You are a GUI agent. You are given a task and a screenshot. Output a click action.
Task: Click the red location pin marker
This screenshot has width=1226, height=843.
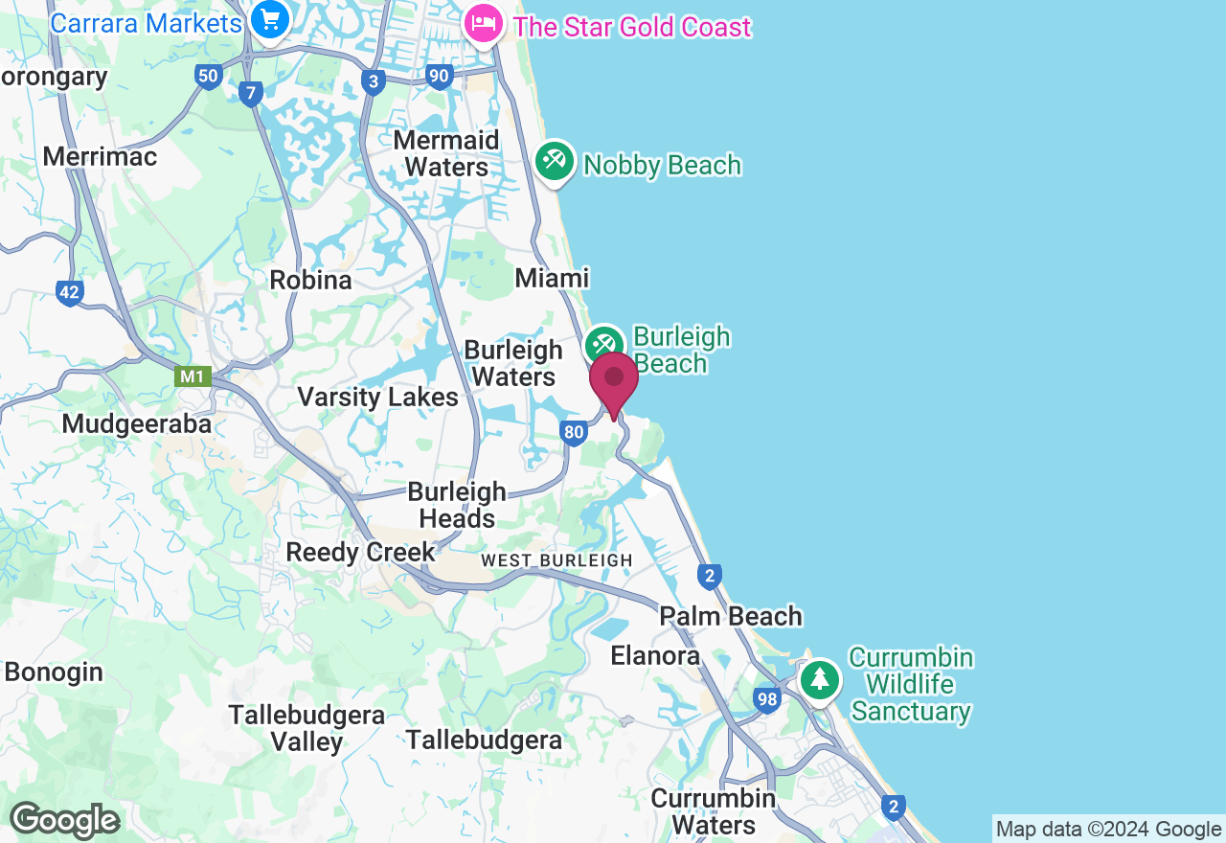pos(614,380)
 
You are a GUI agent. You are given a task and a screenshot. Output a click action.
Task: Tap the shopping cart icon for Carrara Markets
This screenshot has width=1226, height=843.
pos(270,19)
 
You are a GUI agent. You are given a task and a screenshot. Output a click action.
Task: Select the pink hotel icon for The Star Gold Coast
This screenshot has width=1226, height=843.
pos(484,23)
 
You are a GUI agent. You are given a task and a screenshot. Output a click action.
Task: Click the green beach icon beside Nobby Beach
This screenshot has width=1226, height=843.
pos(555,160)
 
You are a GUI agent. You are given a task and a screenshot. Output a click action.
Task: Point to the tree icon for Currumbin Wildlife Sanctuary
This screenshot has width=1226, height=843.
pos(819,679)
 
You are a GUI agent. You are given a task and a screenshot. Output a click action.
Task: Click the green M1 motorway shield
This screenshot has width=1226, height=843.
pos(193,376)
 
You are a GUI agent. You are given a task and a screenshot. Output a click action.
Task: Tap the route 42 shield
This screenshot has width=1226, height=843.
pos(69,293)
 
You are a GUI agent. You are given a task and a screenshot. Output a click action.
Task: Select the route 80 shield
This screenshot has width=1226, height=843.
pos(574,433)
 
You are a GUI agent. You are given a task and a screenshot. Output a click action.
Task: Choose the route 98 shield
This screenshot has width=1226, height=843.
pos(766,699)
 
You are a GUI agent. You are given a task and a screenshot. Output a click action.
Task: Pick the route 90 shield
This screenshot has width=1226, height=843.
pos(440,77)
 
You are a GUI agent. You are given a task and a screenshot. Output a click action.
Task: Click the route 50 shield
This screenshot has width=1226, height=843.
pos(208,77)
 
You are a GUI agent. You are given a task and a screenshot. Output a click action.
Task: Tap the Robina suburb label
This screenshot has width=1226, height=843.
pos(310,281)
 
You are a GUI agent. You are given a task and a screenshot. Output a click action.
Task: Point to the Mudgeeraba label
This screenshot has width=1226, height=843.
pos(136,423)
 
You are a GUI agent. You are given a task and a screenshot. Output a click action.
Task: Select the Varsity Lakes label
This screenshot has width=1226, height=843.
pos(377,397)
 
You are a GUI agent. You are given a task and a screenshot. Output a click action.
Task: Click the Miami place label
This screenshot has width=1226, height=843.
pos(552,278)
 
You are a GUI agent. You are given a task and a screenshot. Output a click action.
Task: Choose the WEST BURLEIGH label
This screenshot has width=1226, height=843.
pos(556,560)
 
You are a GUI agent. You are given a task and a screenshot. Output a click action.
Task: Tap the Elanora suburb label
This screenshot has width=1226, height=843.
pos(655,656)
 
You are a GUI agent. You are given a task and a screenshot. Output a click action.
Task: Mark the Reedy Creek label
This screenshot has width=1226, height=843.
pos(360,553)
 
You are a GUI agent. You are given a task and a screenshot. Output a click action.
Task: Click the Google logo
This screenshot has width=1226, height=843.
pos(64,820)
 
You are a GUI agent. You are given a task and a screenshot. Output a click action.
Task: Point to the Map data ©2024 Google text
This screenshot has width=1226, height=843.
pos(1108,830)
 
